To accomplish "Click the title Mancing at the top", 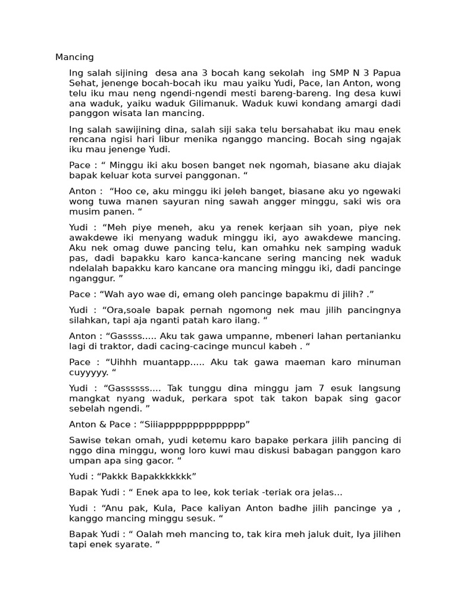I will pos(74,57).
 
